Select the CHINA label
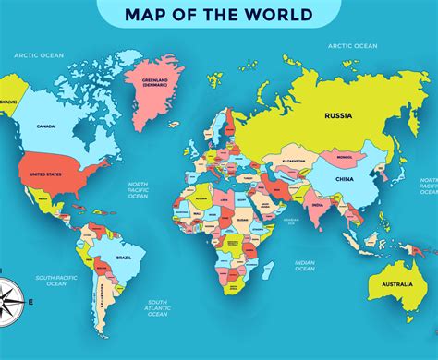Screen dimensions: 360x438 pos(343,177)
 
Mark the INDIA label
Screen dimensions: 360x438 pos(317,205)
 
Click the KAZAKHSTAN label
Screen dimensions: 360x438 pos(294,161)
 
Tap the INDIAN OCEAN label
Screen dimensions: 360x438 pos(305,265)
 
